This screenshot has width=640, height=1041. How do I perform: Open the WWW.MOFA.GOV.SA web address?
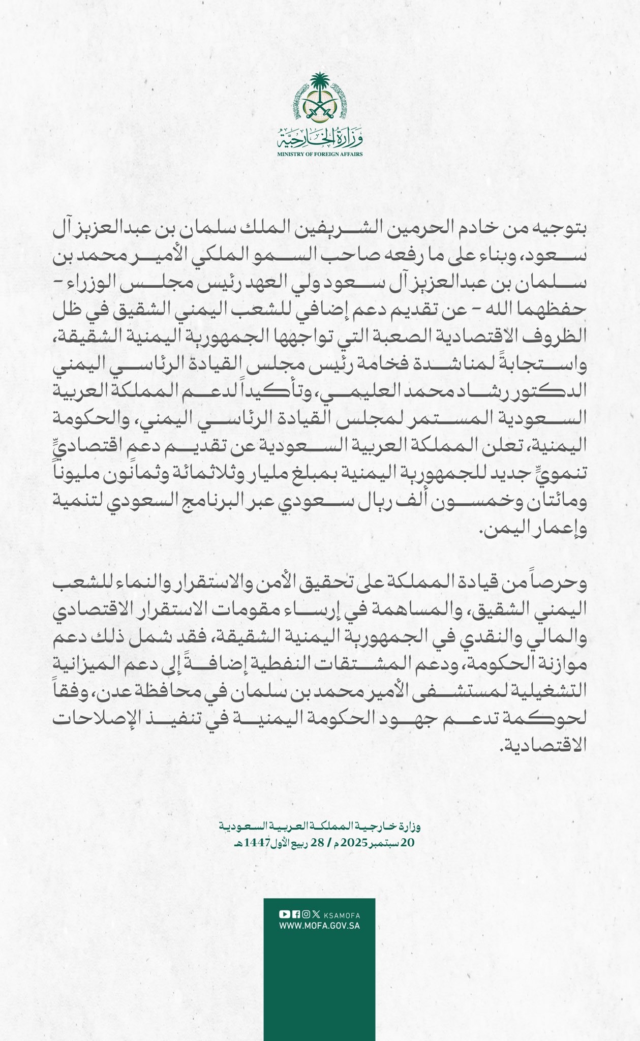(319, 926)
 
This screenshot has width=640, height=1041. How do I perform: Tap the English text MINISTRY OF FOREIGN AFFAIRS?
(319, 154)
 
